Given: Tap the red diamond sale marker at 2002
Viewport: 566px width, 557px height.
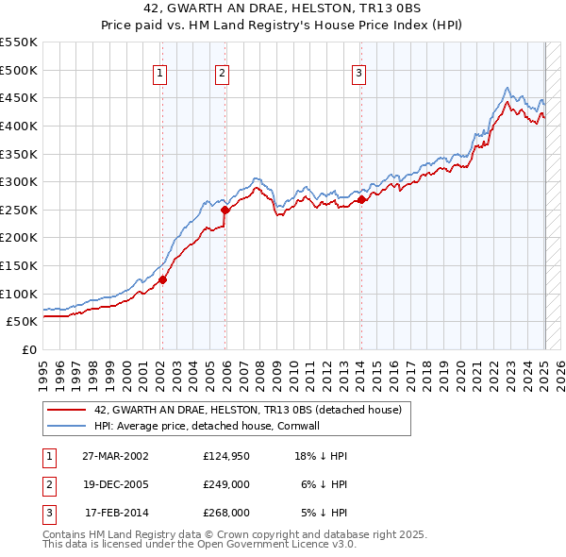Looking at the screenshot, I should (162, 279).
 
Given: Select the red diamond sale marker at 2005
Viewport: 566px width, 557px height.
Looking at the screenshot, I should (225, 211).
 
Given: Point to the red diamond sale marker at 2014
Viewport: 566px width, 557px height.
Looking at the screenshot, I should (361, 199).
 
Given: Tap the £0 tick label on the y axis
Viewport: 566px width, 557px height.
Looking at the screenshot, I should (30, 349).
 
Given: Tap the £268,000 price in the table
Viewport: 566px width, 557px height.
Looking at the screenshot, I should (226, 513).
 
